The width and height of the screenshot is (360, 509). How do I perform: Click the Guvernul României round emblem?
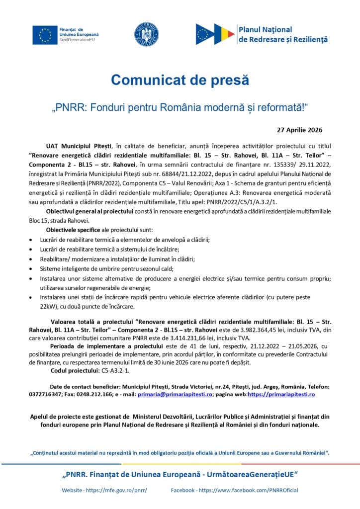(146, 34)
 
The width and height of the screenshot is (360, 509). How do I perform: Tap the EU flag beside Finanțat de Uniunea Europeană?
(45, 34)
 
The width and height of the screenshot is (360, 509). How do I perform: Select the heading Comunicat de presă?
(180, 80)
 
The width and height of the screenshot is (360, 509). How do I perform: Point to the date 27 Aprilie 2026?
(299, 130)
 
